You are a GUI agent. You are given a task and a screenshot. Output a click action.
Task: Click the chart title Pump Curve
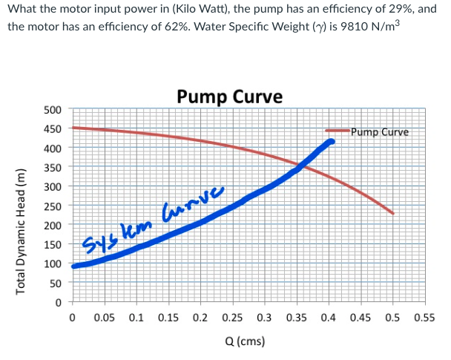click(x=229, y=96)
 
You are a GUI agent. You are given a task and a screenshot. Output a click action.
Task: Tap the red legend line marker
click(x=338, y=133)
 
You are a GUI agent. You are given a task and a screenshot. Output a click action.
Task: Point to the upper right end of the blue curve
click(x=332, y=141)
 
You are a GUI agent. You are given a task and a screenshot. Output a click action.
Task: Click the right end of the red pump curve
click(x=392, y=213)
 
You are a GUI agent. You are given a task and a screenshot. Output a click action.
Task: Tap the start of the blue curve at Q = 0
click(x=73, y=266)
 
